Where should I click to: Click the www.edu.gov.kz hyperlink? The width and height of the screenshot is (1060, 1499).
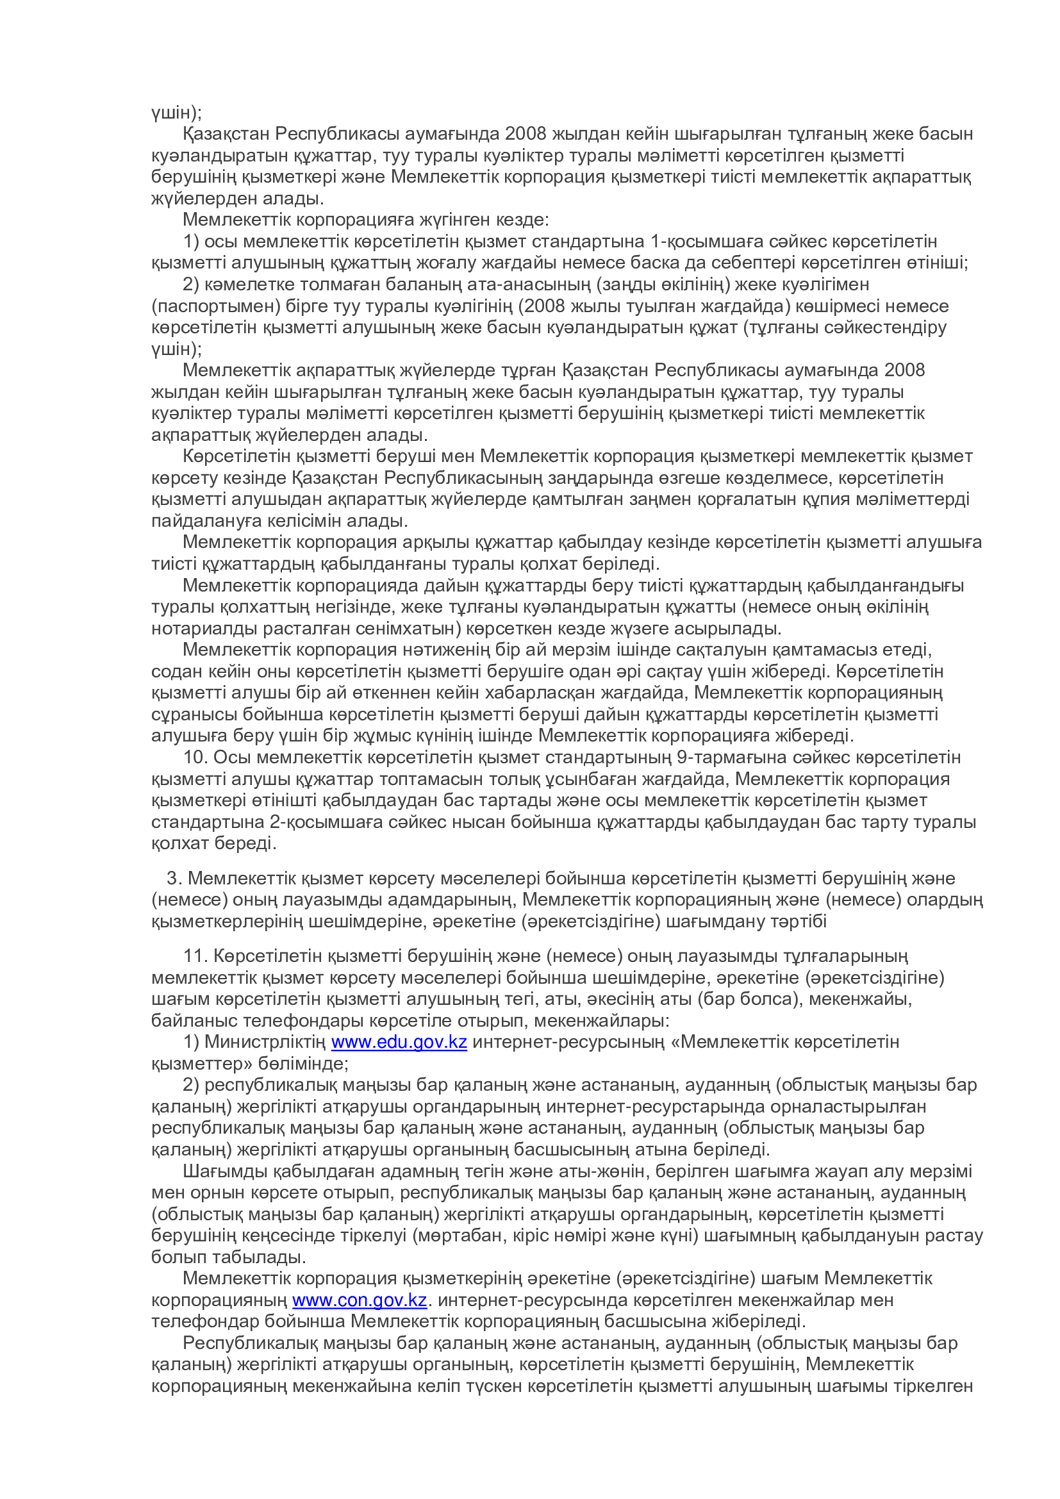point(399,1042)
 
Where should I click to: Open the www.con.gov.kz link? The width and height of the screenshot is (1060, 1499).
point(359,1300)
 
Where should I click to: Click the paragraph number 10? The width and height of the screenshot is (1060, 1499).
point(195,758)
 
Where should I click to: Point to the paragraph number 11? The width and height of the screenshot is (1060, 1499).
point(195,956)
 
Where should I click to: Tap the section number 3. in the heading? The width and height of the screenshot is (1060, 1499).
point(174,878)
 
